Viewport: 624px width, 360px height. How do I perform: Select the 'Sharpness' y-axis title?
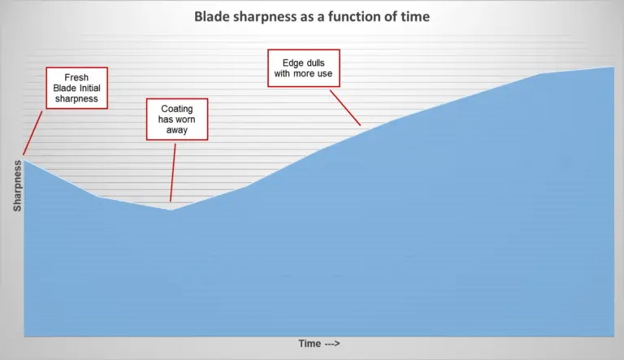(17, 185)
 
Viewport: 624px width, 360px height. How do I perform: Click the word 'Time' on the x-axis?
(309, 344)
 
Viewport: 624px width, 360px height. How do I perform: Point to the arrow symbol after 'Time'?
(331, 344)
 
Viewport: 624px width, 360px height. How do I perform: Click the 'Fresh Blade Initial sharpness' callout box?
(76, 89)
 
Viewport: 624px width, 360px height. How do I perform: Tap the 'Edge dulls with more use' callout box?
(303, 69)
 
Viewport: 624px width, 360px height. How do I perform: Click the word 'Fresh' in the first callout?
(76, 78)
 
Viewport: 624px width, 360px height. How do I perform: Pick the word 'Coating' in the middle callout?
(176, 109)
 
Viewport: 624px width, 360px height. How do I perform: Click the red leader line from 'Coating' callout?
(173, 171)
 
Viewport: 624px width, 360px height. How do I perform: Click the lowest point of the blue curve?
(171, 210)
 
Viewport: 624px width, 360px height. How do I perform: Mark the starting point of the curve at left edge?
(24, 159)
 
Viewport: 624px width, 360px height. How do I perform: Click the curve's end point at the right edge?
(613, 67)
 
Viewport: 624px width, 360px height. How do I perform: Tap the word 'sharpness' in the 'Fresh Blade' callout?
(76, 99)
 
